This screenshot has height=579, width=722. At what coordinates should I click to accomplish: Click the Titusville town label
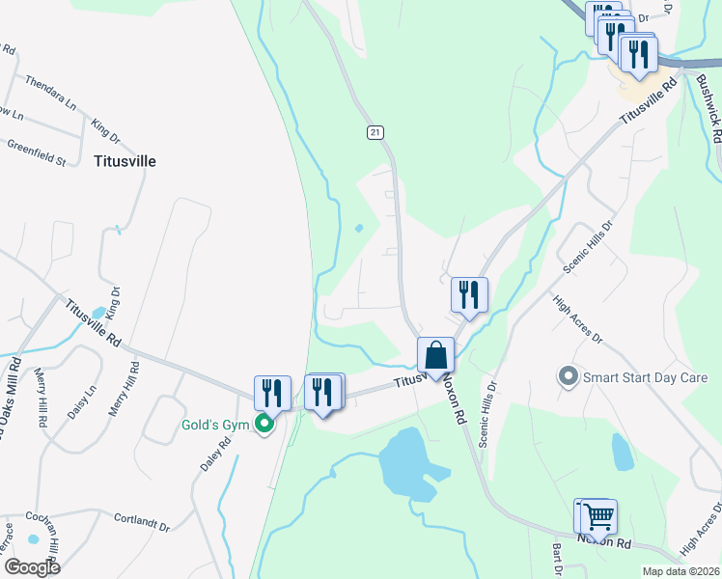[124, 161]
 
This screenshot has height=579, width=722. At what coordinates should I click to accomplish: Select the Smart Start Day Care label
[645, 376]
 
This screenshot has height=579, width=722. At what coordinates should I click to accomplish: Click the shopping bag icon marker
[436, 354]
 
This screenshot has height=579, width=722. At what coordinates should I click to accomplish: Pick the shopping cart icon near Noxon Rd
[598, 516]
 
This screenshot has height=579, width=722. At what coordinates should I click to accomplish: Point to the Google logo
[33, 566]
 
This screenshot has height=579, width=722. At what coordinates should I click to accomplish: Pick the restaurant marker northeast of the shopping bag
[469, 295]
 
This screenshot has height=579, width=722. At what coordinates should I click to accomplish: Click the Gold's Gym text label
[215, 426]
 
